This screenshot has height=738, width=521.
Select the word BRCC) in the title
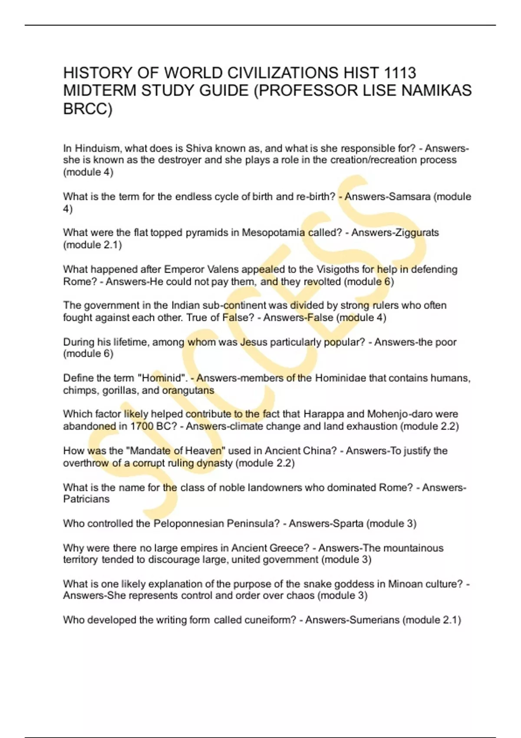coord(88,109)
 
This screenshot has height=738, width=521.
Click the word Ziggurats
coord(417,233)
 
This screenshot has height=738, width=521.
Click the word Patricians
coord(86,499)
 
